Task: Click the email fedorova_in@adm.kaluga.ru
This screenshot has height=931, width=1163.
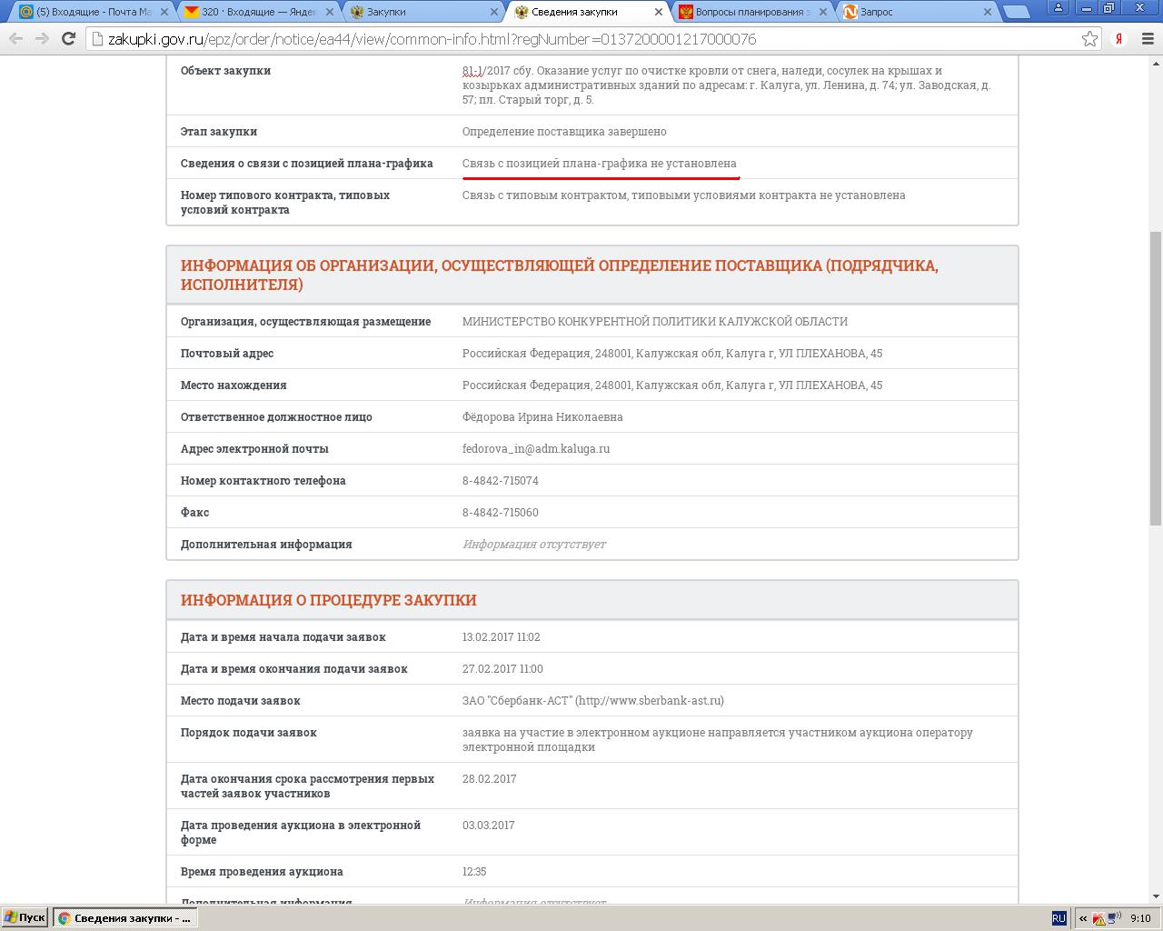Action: pos(535,448)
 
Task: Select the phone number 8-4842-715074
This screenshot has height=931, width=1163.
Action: pos(500,480)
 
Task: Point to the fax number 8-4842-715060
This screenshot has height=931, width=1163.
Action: pos(500,512)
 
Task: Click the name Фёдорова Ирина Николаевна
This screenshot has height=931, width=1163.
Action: pos(542,416)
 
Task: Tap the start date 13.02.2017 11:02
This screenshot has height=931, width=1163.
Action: pos(501,636)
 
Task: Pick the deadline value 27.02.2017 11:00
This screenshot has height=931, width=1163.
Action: pos(502,668)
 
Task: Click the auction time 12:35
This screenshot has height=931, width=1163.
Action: pos(473,871)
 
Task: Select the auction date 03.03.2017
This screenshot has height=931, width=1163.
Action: pos(488,825)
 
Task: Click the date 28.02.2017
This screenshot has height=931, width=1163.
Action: pos(489,778)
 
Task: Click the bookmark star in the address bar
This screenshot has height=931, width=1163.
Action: pos(1089,39)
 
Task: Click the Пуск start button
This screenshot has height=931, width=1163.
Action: pos(25,917)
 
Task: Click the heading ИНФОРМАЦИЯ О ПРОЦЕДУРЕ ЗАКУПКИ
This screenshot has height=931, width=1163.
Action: pos(328,600)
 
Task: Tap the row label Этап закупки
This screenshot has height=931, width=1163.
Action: pos(218,131)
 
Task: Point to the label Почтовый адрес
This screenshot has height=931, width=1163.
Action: pos(226,353)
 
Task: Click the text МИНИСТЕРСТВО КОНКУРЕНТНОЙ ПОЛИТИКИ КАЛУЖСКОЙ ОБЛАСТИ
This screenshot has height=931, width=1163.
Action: pos(654,321)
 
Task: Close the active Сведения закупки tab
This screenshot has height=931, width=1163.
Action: pos(659,12)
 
